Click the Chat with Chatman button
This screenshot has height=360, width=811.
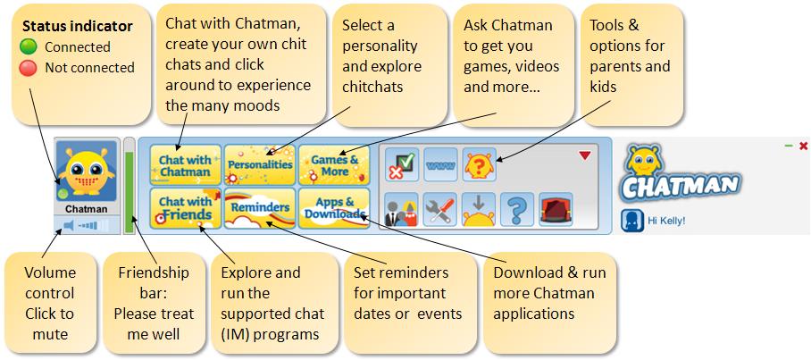pyautogui.click(x=185, y=165)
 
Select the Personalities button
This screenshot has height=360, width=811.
pyautogui.click(x=260, y=165)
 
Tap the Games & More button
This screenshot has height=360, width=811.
pyautogui.click(x=334, y=165)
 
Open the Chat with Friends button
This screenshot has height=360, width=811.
pyautogui.click(x=185, y=208)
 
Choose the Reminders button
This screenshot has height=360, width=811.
pyautogui.click(x=260, y=208)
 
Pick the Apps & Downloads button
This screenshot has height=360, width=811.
pyautogui.click(x=334, y=208)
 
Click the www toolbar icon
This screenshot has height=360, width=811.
pyautogui.click(x=440, y=165)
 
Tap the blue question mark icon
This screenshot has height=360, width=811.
pyautogui.click(x=517, y=210)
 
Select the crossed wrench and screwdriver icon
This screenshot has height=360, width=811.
pyautogui.click(x=440, y=210)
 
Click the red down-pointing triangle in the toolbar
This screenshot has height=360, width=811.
pyautogui.click(x=585, y=155)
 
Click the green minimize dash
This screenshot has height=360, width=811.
pyautogui.click(x=789, y=147)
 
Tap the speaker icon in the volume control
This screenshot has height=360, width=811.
pyautogui.click(x=69, y=225)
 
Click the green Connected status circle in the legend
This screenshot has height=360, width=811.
pyautogui.click(x=28, y=47)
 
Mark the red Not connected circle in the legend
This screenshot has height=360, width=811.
pyautogui.click(x=28, y=68)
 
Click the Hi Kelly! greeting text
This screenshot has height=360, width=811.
pyautogui.click(x=666, y=221)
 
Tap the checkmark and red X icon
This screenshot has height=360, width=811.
pyautogui.click(x=402, y=165)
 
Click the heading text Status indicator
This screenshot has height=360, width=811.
pyautogui.click(x=78, y=27)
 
